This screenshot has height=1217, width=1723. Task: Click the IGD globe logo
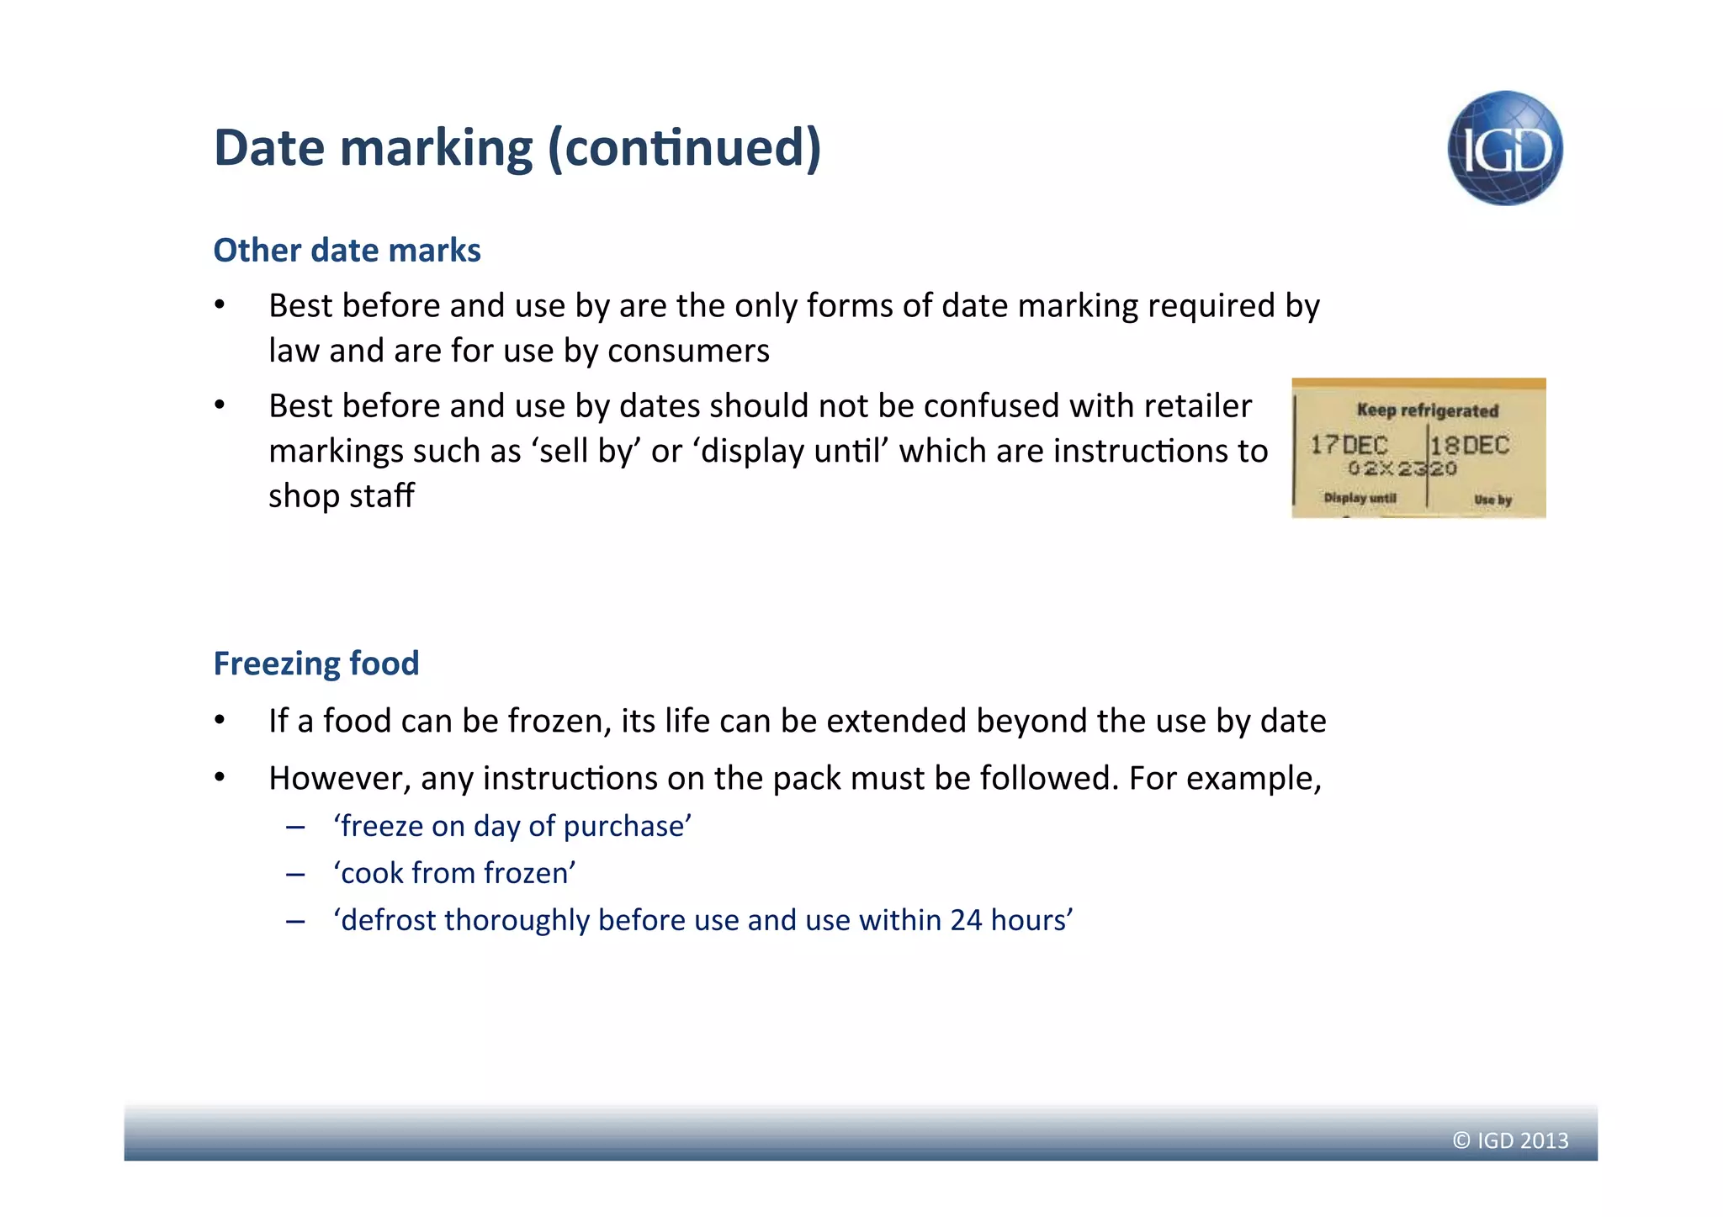click(1504, 148)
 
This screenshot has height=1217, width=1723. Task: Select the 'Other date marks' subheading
click(347, 250)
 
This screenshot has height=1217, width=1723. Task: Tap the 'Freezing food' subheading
click(316, 663)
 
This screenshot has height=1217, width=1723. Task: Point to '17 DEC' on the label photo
click(1349, 445)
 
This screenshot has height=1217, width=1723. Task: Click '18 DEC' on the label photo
click(1471, 445)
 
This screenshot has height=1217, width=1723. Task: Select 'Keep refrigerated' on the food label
click(1427, 410)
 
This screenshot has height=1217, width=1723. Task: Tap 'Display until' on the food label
click(1360, 498)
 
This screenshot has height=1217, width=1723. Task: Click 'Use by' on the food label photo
click(1492, 500)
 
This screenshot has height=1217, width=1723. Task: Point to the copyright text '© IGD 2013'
click(1510, 1140)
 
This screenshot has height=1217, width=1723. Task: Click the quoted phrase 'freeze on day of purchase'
click(512, 826)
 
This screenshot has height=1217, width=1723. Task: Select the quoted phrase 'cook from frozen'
click(454, 873)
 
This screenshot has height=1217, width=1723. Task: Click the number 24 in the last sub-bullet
click(966, 920)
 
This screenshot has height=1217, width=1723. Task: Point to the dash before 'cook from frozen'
click(294, 875)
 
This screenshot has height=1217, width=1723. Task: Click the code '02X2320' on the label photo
click(1402, 468)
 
